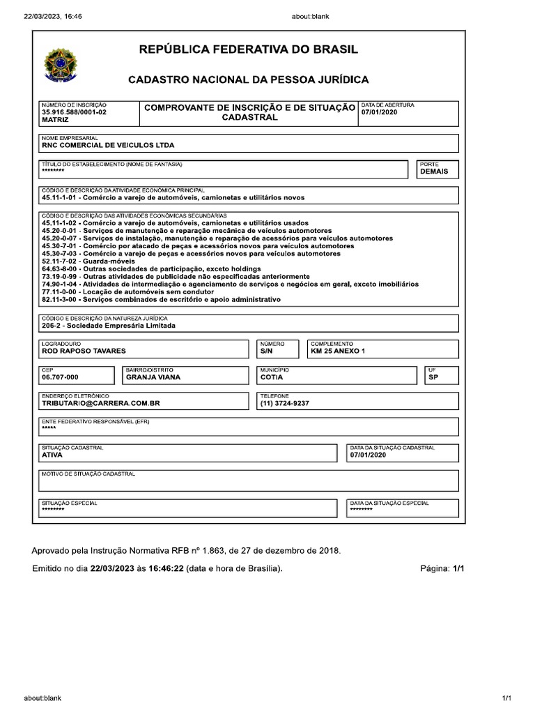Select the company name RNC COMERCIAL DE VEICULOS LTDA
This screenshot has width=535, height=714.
pos(108,146)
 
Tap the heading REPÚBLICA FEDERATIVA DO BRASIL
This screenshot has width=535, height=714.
pos(249,50)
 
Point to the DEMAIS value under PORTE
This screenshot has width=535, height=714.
pos(434,172)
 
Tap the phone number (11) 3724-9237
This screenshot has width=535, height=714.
pos(284,403)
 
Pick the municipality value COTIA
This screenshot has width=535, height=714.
pos(272,377)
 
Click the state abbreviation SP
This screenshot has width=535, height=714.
pos(433,377)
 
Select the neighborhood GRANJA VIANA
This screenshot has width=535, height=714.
pos(153,377)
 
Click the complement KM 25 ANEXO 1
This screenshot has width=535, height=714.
pos(338,351)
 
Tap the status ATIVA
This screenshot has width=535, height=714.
pos(52,455)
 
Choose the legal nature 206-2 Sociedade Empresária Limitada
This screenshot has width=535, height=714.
pos(109,326)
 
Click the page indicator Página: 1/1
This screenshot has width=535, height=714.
pos(442,569)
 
